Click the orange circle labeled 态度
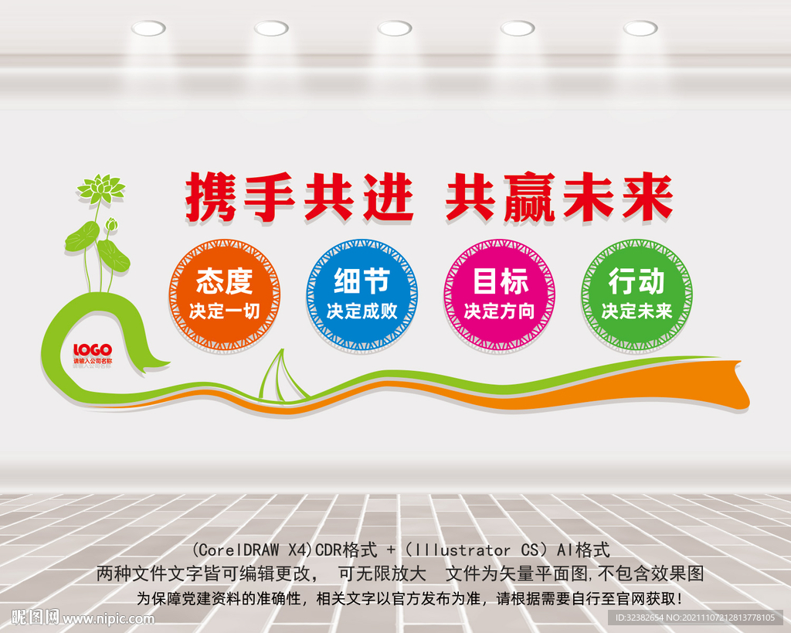pos(224,294)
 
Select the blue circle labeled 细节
pos(362,294)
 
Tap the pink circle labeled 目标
pos(499,294)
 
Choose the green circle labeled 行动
pos(637,294)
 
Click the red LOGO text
pos(93,349)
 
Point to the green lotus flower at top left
pos(100,188)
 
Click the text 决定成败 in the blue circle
pos(362,311)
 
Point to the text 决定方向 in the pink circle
pos(499,311)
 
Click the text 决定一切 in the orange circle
pos(224,311)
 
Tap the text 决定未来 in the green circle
pos(637,311)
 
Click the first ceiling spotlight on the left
pos(148,29)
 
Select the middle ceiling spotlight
pos(395,29)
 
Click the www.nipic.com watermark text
pos(108,618)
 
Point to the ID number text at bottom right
pos(694,618)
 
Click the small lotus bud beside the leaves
pos(111,225)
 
